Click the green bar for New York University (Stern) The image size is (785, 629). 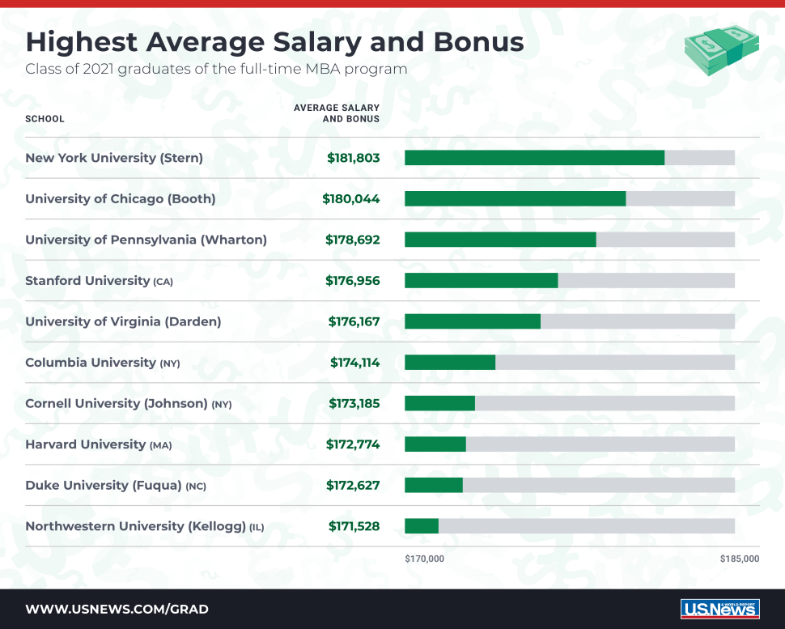(534, 158)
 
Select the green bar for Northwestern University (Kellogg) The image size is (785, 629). (422, 526)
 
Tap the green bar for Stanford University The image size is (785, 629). (481, 281)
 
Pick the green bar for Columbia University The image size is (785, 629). (450, 363)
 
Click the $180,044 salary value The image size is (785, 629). (350, 199)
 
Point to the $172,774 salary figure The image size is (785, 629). (353, 444)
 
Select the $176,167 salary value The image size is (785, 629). (354, 321)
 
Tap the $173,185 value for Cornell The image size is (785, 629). (354, 403)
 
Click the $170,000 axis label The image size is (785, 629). (424, 559)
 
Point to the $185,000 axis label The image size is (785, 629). (739, 559)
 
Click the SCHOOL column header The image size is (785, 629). (45, 119)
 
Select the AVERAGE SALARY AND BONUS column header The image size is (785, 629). (337, 113)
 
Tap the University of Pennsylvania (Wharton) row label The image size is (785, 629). (146, 240)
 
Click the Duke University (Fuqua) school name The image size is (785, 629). (104, 486)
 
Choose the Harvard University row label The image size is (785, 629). (86, 444)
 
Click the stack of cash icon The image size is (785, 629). (721, 50)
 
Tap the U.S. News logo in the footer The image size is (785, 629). (719, 609)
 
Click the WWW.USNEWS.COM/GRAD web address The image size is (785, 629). (117, 609)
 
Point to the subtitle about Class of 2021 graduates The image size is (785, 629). (216, 69)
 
